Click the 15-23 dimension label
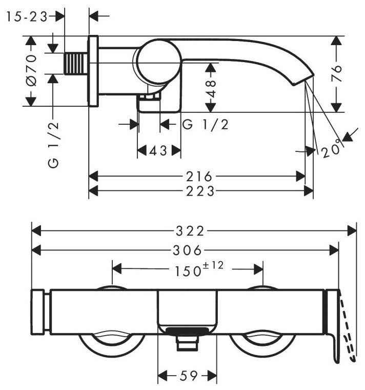(x=27, y=17)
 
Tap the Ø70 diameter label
(x=32, y=71)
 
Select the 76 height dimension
(x=336, y=73)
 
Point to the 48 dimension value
(x=211, y=88)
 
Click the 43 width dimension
(x=158, y=150)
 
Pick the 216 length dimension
(x=199, y=177)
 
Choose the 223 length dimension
(x=200, y=191)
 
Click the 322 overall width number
(x=190, y=231)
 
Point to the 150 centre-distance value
(x=188, y=271)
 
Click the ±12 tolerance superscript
(x=213, y=265)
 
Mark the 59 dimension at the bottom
(x=189, y=376)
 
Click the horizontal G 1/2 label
(x=205, y=124)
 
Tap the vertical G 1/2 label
(x=53, y=145)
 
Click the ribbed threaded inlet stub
(x=76, y=64)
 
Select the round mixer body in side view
(x=159, y=61)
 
